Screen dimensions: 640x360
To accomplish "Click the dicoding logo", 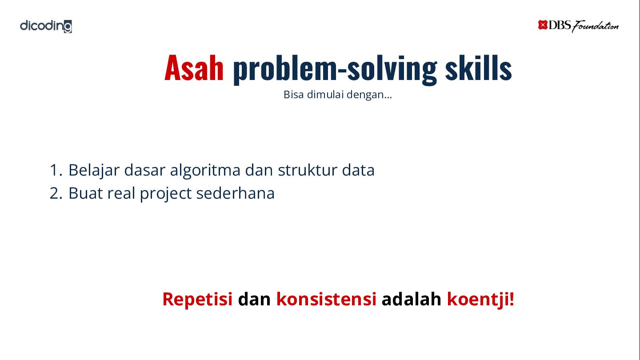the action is point(46,26).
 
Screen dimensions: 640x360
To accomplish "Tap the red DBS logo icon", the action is point(542,25).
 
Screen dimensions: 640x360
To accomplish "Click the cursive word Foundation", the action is point(595,27).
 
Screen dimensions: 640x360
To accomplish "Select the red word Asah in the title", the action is point(194,68).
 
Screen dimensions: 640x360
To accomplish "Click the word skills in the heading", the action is point(478,68).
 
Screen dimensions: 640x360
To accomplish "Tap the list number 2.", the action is point(56,193).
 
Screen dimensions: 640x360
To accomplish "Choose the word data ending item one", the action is point(358,170).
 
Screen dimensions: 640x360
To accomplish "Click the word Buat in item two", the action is point(86,193).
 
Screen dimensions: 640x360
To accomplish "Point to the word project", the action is point(165,194).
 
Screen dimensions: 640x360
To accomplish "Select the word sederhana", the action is point(236,193).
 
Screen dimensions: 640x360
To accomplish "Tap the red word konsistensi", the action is point(326,299).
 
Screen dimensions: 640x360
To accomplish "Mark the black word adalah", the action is point(412,299).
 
